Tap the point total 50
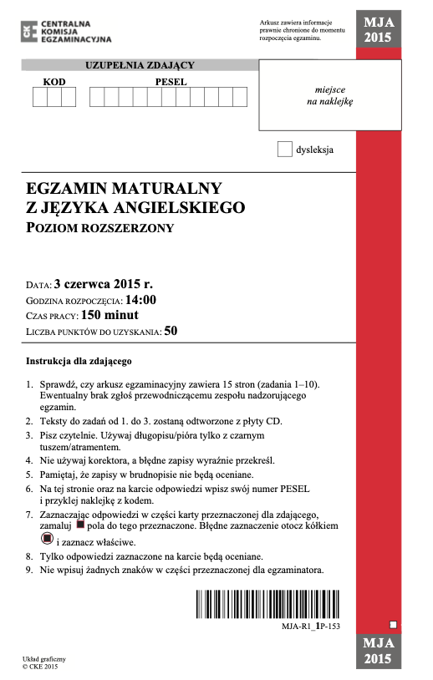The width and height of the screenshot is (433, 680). click(x=171, y=332)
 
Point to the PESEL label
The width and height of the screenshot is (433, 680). click(x=171, y=82)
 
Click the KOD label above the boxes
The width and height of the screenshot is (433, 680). click(x=54, y=82)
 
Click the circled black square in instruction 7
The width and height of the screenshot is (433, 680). click(x=47, y=540)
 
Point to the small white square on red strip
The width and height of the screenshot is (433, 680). click(x=393, y=623)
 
